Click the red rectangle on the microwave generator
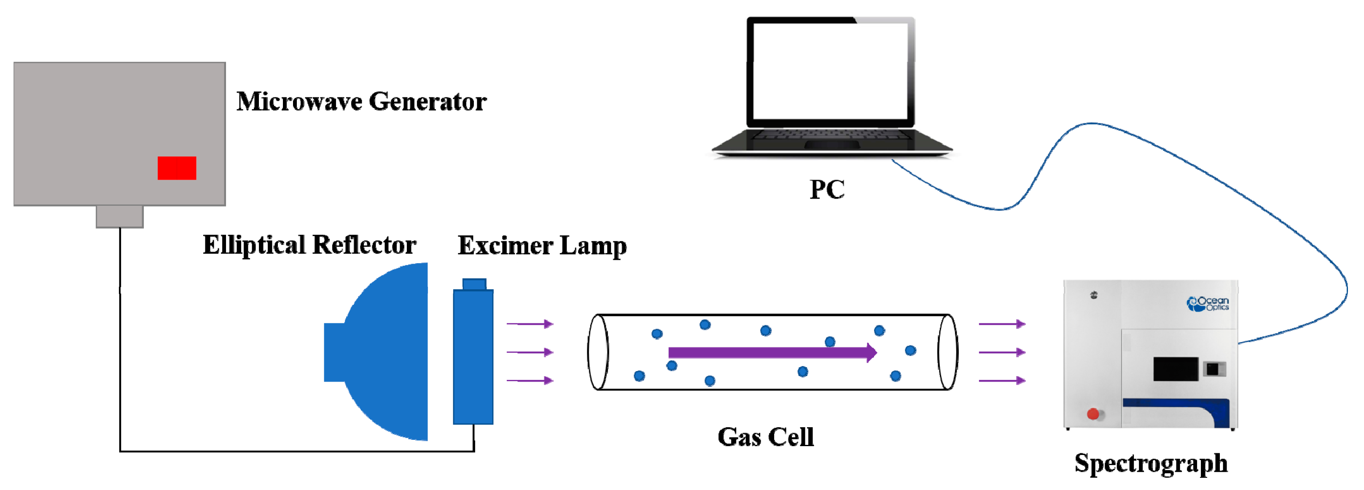click(x=176, y=168)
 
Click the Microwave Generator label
click(x=361, y=101)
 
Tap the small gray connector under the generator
click(x=119, y=217)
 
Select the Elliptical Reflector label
click(x=309, y=245)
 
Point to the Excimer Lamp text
click(x=542, y=245)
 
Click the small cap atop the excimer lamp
click(x=474, y=285)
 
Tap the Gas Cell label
click(x=765, y=437)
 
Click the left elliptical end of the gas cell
click(x=598, y=352)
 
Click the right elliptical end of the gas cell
click(x=947, y=352)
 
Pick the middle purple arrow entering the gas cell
click(x=530, y=352)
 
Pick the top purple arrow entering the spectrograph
click(x=1001, y=324)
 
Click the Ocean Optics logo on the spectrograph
click(x=1208, y=304)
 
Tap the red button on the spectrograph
click(x=1093, y=414)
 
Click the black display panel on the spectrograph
click(x=1176, y=369)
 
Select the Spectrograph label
click(x=1151, y=463)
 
